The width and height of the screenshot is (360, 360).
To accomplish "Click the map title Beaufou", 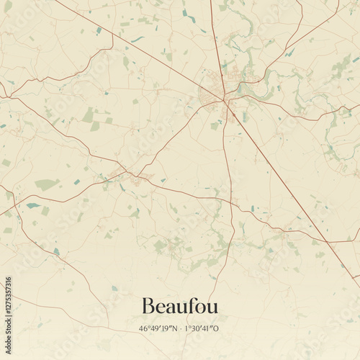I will click(x=180, y=306).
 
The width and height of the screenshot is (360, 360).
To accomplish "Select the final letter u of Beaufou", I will click(x=212, y=307).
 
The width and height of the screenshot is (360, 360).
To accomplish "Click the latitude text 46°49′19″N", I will click(x=159, y=329).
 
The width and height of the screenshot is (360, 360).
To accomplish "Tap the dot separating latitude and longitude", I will click(x=181, y=329).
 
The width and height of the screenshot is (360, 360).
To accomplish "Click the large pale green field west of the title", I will click(x=46, y=184).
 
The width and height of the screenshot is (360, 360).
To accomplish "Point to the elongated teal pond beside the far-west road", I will click(x=33, y=205).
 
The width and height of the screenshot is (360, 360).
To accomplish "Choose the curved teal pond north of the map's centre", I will click(x=137, y=39).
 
